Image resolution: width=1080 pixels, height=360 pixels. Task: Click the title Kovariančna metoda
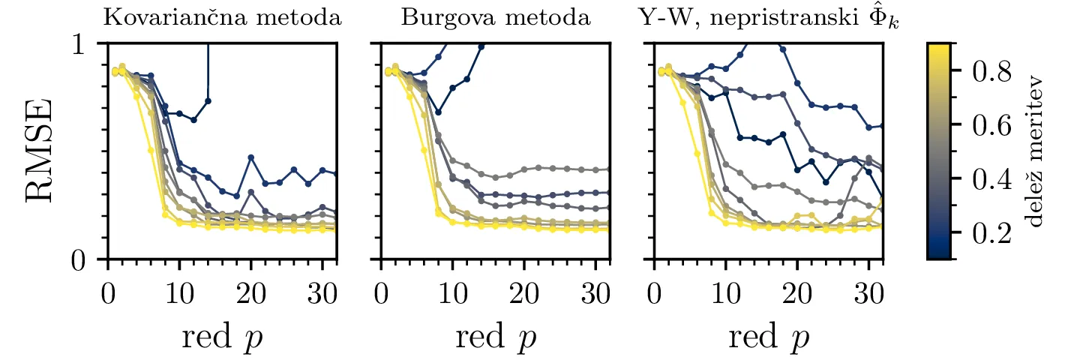click(222, 18)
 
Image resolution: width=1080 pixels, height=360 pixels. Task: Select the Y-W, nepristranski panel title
click(769, 19)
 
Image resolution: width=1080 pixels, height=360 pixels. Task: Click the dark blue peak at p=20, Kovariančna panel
click(250, 157)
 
